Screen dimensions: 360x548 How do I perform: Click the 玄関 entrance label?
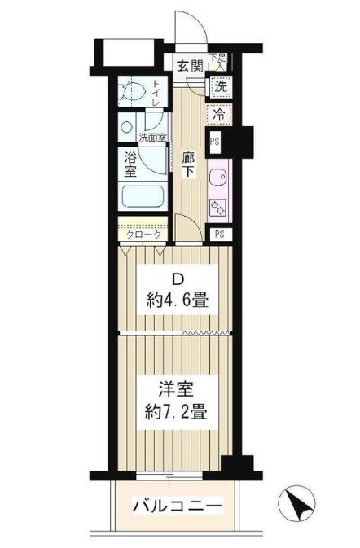pyautogui.click(x=190, y=66)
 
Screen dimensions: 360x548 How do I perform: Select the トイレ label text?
pyautogui.click(x=156, y=94)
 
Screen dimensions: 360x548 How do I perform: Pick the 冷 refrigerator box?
pyautogui.click(x=219, y=114)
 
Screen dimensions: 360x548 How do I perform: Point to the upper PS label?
pyautogui.click(x=214, y=142)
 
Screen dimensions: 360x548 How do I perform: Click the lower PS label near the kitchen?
pyautogui.click(x=219, y=234)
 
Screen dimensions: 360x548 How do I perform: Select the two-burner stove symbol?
pyautogui.click(x=217, y=208)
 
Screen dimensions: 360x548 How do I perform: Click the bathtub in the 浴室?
pyautogui.click(x=143, y=197)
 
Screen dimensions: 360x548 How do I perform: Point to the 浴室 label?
pyautogui.click(x=130, y=165)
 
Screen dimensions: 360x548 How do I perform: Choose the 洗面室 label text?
pyautogui.click(x=153, y=138)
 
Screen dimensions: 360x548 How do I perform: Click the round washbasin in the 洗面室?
pyautogui.click(x=126, y=127)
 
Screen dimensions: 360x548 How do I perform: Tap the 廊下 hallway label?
pyautogui.click(x=189, y=164)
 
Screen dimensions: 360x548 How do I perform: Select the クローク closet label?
pyautogui.click(x=143, y=235)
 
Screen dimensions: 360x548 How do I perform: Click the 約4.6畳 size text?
pyautogui.click(x=178, y=300)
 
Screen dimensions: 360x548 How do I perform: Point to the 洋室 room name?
pyautogui.click(x=177, y=389)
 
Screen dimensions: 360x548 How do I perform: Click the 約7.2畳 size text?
pyautogui.click(x=177, y=411)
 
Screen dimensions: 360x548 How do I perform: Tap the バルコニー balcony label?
pyautogui.click(x=178, y=506)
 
